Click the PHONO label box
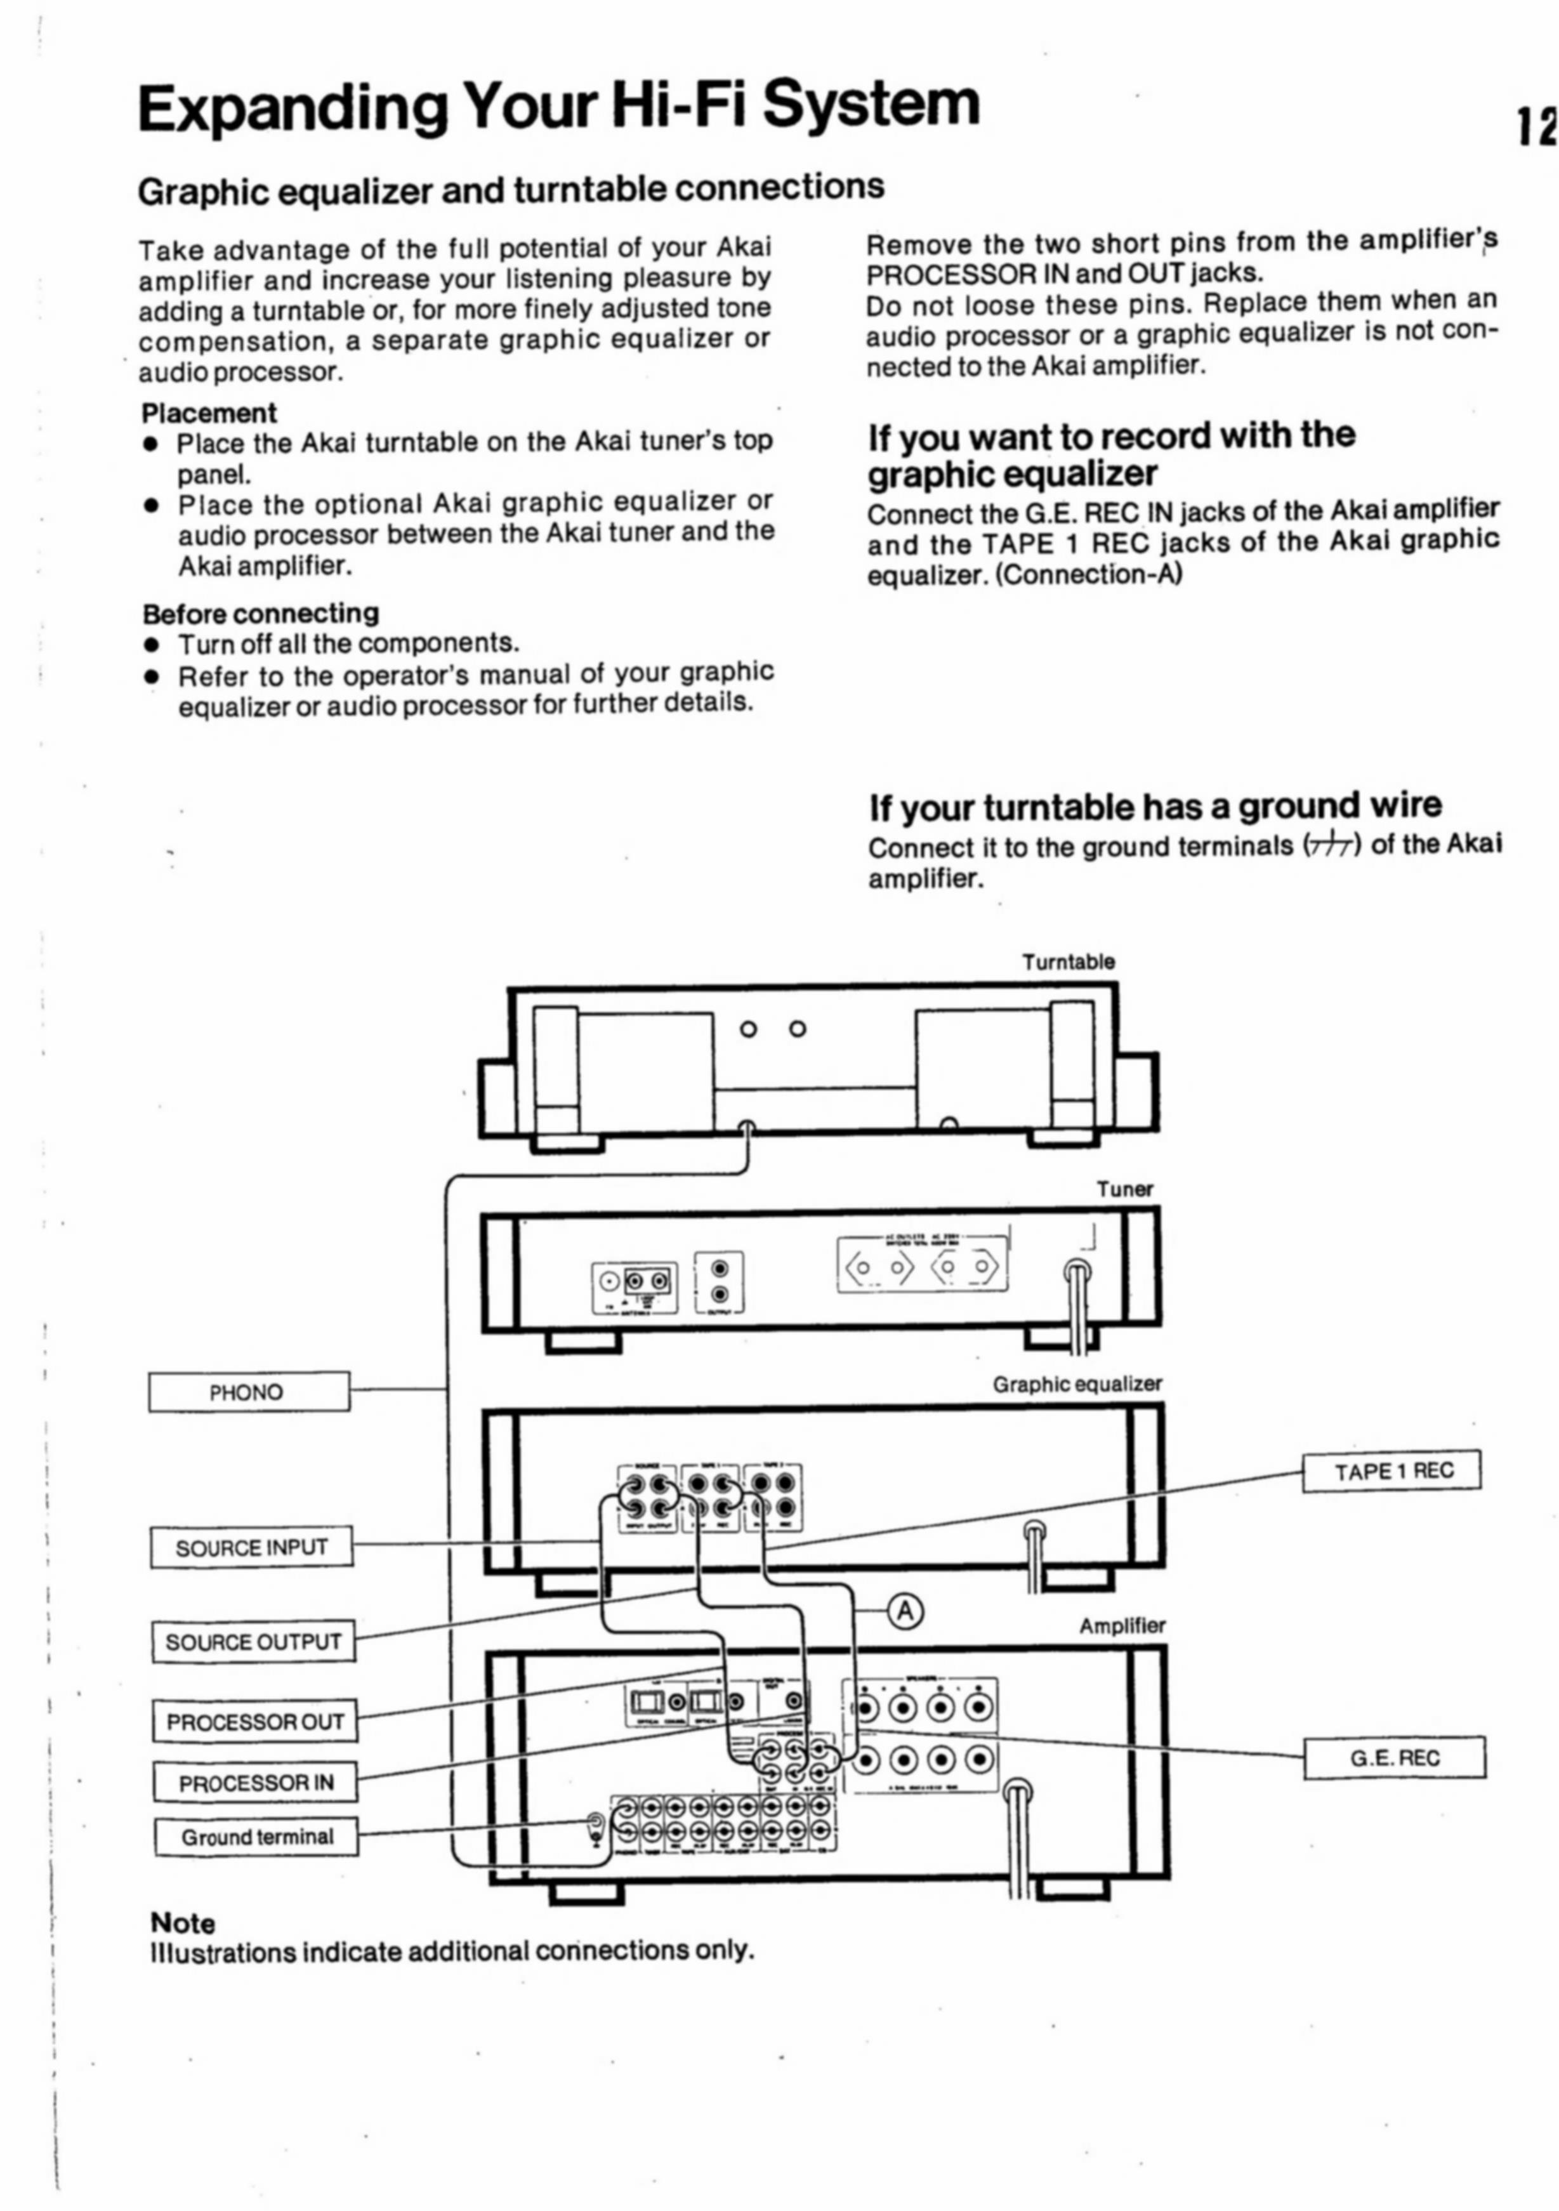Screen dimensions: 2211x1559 click(x=249, y=1392)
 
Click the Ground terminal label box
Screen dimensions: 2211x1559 click(x=256, y=1837)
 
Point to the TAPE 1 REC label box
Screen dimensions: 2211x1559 click(x=1391, y=1470)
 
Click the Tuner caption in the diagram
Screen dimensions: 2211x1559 click(x=1124, y=1189)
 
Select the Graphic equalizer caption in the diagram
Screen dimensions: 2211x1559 click(x=1077, y=1384)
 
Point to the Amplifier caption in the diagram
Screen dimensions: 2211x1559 click(x=1122, y=1627)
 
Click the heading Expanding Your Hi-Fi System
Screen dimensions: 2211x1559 click(x=558, y=106)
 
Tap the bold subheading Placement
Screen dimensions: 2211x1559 click(x=209, y=413)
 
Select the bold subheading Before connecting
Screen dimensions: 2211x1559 click(x=261, y=614)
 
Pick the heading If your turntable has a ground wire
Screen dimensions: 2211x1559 click(x=1155, y=805)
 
